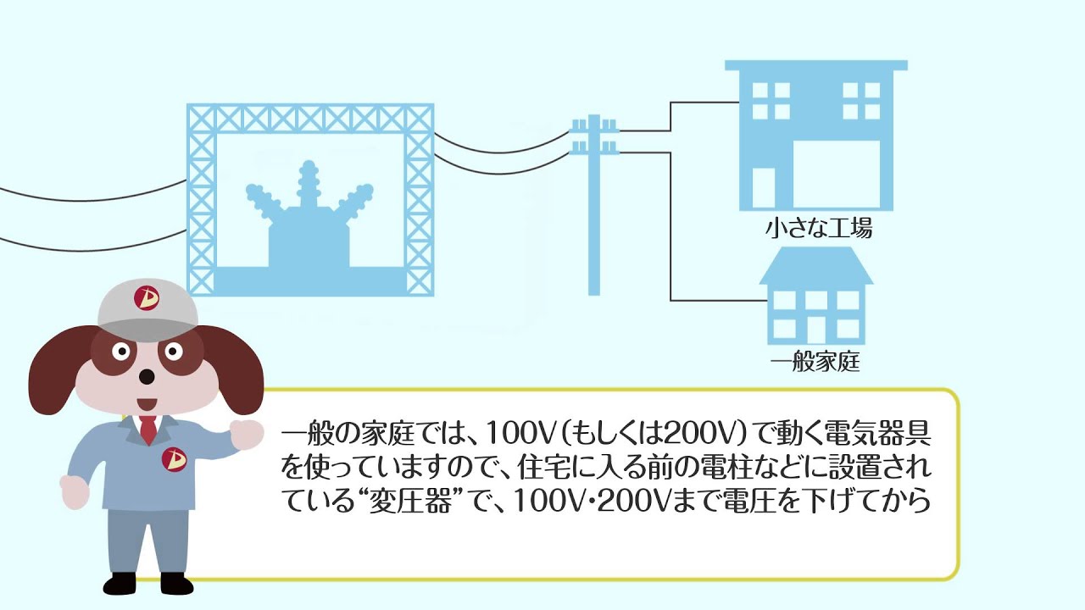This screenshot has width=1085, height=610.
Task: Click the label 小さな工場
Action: pos(817,229)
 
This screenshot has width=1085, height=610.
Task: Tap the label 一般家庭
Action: pos(815,363)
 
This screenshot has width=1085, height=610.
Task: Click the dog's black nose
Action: pos(147,375)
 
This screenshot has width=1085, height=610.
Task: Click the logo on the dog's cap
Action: pos(147,297)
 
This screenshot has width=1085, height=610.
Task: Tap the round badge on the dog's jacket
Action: pos(173,459)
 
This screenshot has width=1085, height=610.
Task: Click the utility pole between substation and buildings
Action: pos(594,212)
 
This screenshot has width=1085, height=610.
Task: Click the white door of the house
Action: pos(815,330)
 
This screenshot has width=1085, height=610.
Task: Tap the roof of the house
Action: pos(815,265)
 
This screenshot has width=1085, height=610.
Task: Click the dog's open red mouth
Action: pos(146,403)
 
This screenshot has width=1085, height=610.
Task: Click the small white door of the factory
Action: pos(764,188)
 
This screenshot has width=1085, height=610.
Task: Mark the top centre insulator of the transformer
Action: pos(307,178)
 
